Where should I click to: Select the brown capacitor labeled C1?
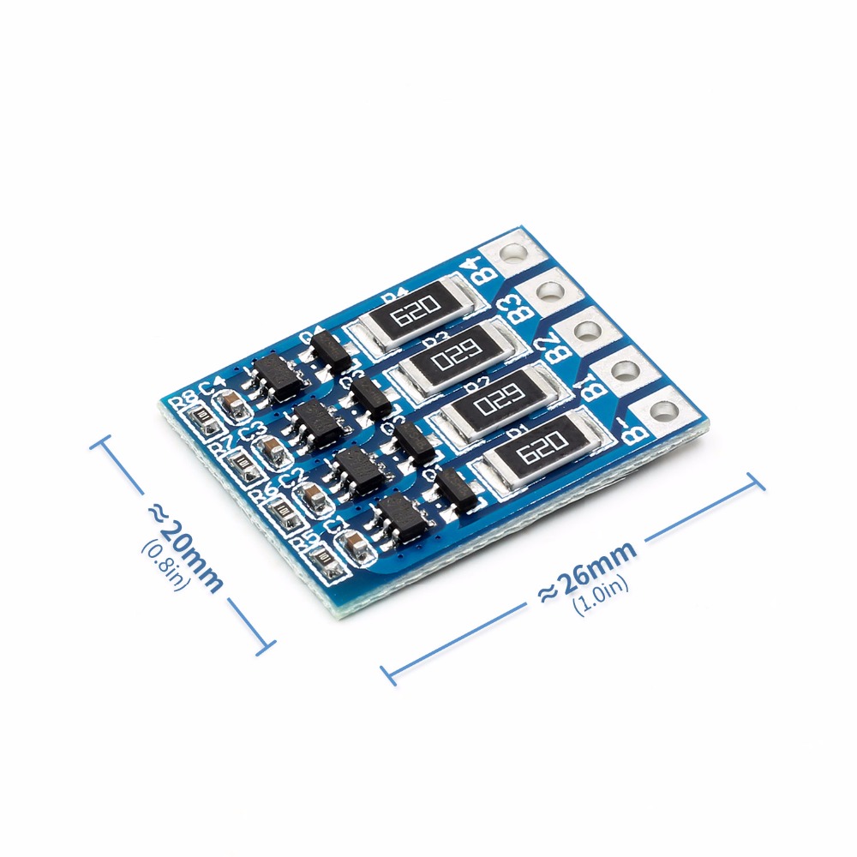[x=352, y=542]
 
